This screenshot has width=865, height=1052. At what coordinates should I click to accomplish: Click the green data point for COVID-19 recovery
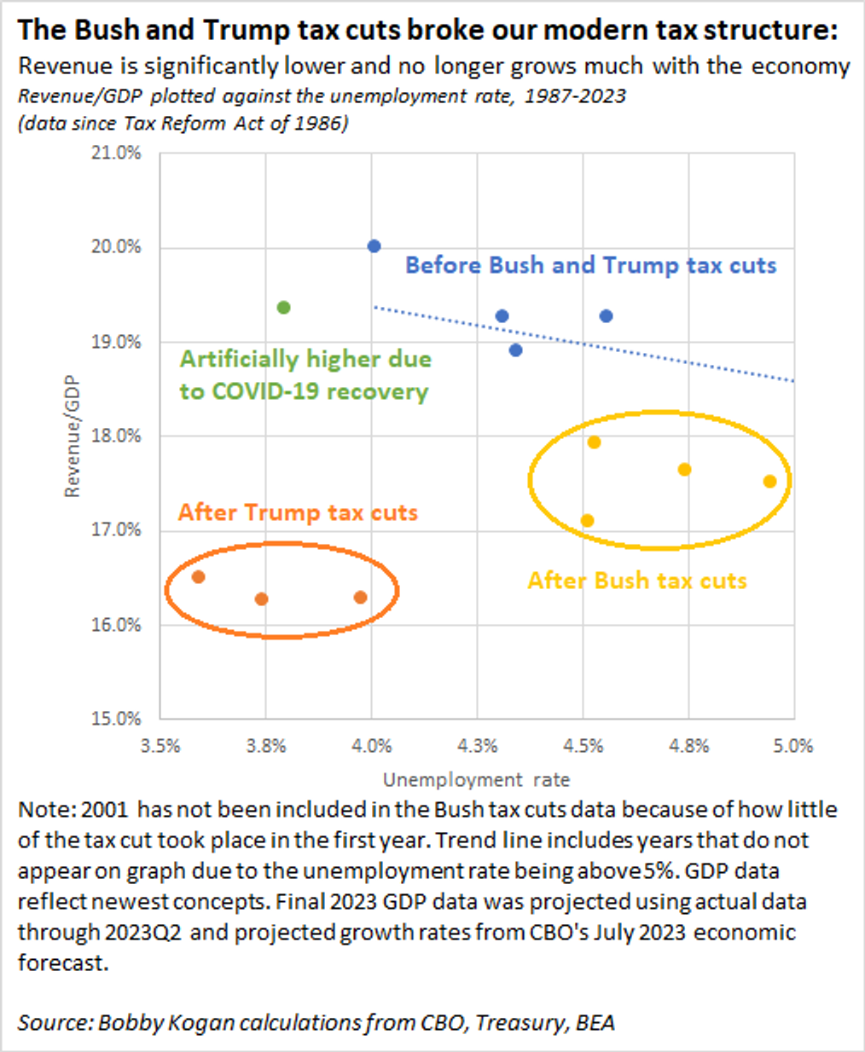coord(284,307)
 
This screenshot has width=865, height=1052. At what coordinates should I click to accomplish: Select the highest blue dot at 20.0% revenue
coord(374,246)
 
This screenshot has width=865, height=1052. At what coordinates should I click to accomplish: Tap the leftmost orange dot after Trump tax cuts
coord(198,577)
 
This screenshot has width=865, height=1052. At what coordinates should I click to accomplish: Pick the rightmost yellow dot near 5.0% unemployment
coord(769,482)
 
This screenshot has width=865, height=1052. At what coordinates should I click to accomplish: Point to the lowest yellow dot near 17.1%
coord(587,521)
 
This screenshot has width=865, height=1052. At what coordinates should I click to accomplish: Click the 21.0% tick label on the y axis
coord(116,153)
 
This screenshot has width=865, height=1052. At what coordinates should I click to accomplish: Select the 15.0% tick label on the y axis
coord(116,719)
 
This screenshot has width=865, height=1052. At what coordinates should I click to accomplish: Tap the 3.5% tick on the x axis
coord(160,746)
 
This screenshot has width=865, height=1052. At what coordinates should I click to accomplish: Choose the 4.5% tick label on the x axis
coord(583,746)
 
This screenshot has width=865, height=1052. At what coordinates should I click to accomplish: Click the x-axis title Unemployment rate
coord(476,779)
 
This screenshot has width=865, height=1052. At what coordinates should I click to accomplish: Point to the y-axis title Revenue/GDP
coord(72,436)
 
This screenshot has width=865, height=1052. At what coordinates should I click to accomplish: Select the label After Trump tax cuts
coord(298,512)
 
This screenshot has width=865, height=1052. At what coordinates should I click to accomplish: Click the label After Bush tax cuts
coord(637,581)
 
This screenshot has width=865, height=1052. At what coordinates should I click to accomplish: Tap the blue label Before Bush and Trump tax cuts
coord(590,265)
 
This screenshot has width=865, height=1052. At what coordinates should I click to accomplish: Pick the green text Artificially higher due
coord(305,359)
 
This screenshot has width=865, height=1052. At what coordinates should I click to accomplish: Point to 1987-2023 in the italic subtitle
coord(575,95)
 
